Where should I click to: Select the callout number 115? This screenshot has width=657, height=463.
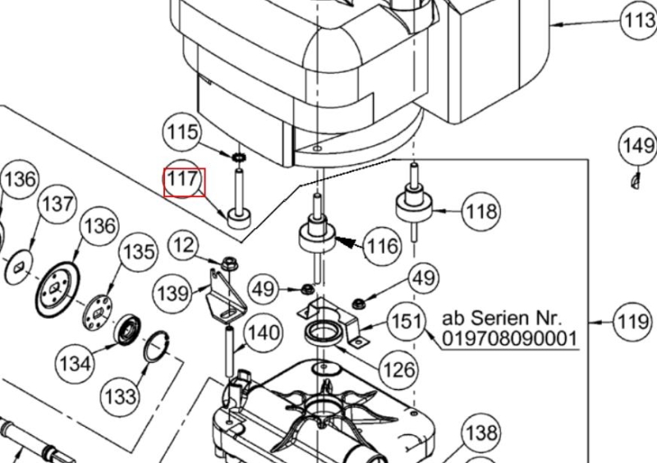(x=182, y=132)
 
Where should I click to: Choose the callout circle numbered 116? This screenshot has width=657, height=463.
(x=382, y=245)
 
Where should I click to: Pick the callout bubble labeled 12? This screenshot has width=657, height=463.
(x=186, y=245)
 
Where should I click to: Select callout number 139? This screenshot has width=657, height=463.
(x=172, y=292)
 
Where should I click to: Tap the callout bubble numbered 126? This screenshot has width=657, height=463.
(x=400, y=370)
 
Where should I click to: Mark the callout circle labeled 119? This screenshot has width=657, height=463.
(x=633, y=321)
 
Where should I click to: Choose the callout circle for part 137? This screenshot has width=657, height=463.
(x=57, y=204)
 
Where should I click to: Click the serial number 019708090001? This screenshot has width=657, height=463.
(x=510, y=338)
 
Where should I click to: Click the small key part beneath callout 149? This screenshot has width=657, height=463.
(x=635, y=179)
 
